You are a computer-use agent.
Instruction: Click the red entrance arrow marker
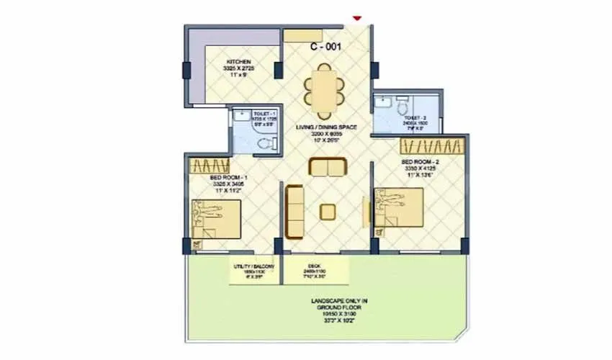coord(355,18)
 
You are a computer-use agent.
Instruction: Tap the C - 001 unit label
coord(326,46)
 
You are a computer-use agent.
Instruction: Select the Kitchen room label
coord(238,62)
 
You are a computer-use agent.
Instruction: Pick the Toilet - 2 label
coord(413,117)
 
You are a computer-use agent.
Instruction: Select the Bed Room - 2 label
coord(418,163)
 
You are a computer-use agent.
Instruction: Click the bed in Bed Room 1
coord(216,219)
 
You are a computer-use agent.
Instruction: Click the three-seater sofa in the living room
coord(294,212)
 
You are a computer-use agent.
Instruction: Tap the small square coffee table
coord(328,212)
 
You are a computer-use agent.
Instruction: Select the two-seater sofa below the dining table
coord(328,167)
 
